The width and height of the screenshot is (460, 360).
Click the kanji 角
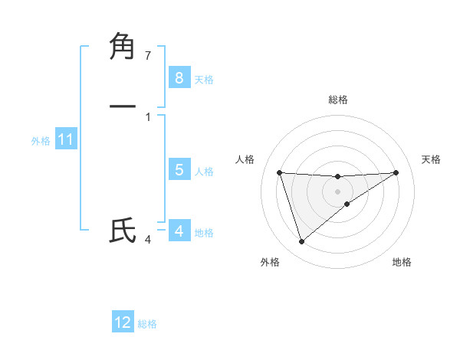(123, 47)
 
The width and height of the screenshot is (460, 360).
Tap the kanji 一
(123, 106)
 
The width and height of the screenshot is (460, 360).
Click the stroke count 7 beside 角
(148, 55)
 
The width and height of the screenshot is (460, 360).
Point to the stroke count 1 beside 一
(148, 116)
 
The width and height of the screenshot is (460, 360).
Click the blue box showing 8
(179, 77)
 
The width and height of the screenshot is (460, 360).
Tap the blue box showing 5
(179, 170)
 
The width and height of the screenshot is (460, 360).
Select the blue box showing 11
(66, 139)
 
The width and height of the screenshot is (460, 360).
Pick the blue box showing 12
(123, 322)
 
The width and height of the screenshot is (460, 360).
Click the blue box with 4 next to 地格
(179, 231)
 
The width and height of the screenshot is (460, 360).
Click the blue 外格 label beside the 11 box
(41, 141)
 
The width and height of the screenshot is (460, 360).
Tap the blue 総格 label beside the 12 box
(147, 324)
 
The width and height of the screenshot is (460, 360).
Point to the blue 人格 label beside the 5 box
(205, 172)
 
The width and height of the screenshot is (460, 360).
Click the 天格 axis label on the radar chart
(431, 159)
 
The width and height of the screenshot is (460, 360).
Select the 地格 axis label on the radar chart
(402, 262)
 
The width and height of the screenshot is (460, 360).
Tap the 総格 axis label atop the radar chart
(337, 100)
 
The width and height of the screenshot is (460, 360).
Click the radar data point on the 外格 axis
(301, 242)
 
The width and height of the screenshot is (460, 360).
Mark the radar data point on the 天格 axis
(396, 172)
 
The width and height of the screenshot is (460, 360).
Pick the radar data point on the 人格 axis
(279, 172)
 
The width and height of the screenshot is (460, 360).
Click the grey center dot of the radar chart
(337, 191)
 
